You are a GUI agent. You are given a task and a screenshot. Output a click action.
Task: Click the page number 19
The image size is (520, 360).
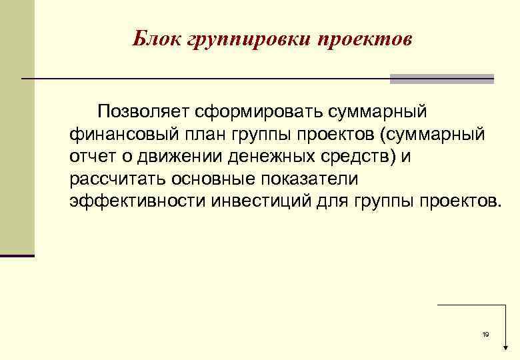point(485,334)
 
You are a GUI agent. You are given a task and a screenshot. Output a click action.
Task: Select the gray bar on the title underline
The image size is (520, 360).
point(441,79)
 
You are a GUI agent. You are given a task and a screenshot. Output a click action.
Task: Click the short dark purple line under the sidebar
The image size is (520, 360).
point(17,255)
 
